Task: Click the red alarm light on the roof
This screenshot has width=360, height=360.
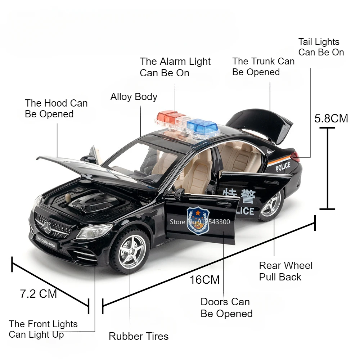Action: (x=170, y=117)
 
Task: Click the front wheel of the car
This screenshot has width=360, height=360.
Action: (x=130, y=251)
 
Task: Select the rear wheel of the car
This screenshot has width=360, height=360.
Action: (x=272, y=206)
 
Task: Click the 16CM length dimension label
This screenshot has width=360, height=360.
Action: (x=204, y=279)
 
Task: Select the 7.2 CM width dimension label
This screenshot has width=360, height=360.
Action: (x=39, y=294)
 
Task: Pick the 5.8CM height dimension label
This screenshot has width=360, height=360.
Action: (x=331, y=118)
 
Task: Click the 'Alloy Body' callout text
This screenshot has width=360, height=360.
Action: (x=134, y=96)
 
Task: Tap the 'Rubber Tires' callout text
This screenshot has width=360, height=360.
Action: (x=139, y=336)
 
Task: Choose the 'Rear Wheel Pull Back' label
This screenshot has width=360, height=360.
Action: (x=286, y=271)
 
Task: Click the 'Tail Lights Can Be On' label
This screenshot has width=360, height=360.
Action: (x=321, y=47)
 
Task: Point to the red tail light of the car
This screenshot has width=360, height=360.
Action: (x=295, y=157)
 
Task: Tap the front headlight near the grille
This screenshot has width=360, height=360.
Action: (x=94, y=231)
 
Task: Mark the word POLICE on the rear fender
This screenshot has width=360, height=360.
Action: (x=283, y=166)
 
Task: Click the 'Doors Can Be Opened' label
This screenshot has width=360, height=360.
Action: (x=226, y=307)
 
